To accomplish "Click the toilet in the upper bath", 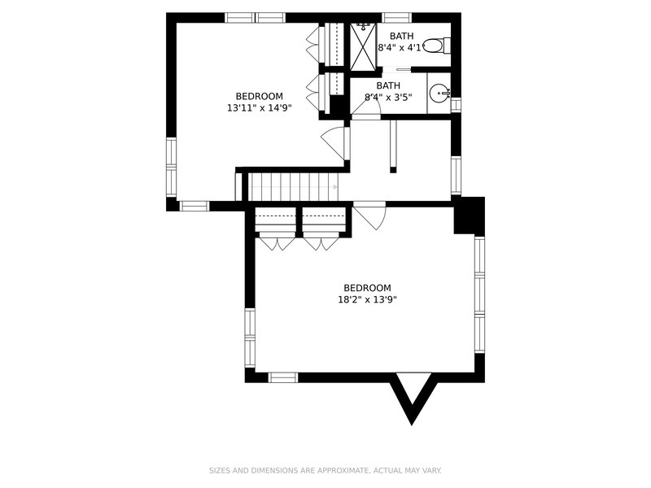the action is [436, 46].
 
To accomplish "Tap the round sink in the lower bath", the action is [439, 94].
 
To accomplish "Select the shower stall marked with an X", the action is [363, 47].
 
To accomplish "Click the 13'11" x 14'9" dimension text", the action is [260, 108].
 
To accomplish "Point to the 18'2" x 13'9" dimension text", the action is [368, 299].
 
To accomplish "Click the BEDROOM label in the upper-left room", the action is [260, 96].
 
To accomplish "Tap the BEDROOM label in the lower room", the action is [368, 288].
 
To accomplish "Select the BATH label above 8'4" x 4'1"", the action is [401, 36].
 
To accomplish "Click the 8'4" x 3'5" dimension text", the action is [388, 98].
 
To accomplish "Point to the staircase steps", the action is [293, 187].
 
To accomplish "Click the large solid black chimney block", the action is [470, 216].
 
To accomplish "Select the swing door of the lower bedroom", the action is [369, 216].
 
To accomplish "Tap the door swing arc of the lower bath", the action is [365, 109].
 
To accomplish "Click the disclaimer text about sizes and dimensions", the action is [325, 471].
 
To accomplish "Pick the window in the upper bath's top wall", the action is [396, 18].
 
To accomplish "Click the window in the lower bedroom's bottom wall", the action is [283, 377].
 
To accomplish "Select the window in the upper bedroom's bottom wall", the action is [194, 207].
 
